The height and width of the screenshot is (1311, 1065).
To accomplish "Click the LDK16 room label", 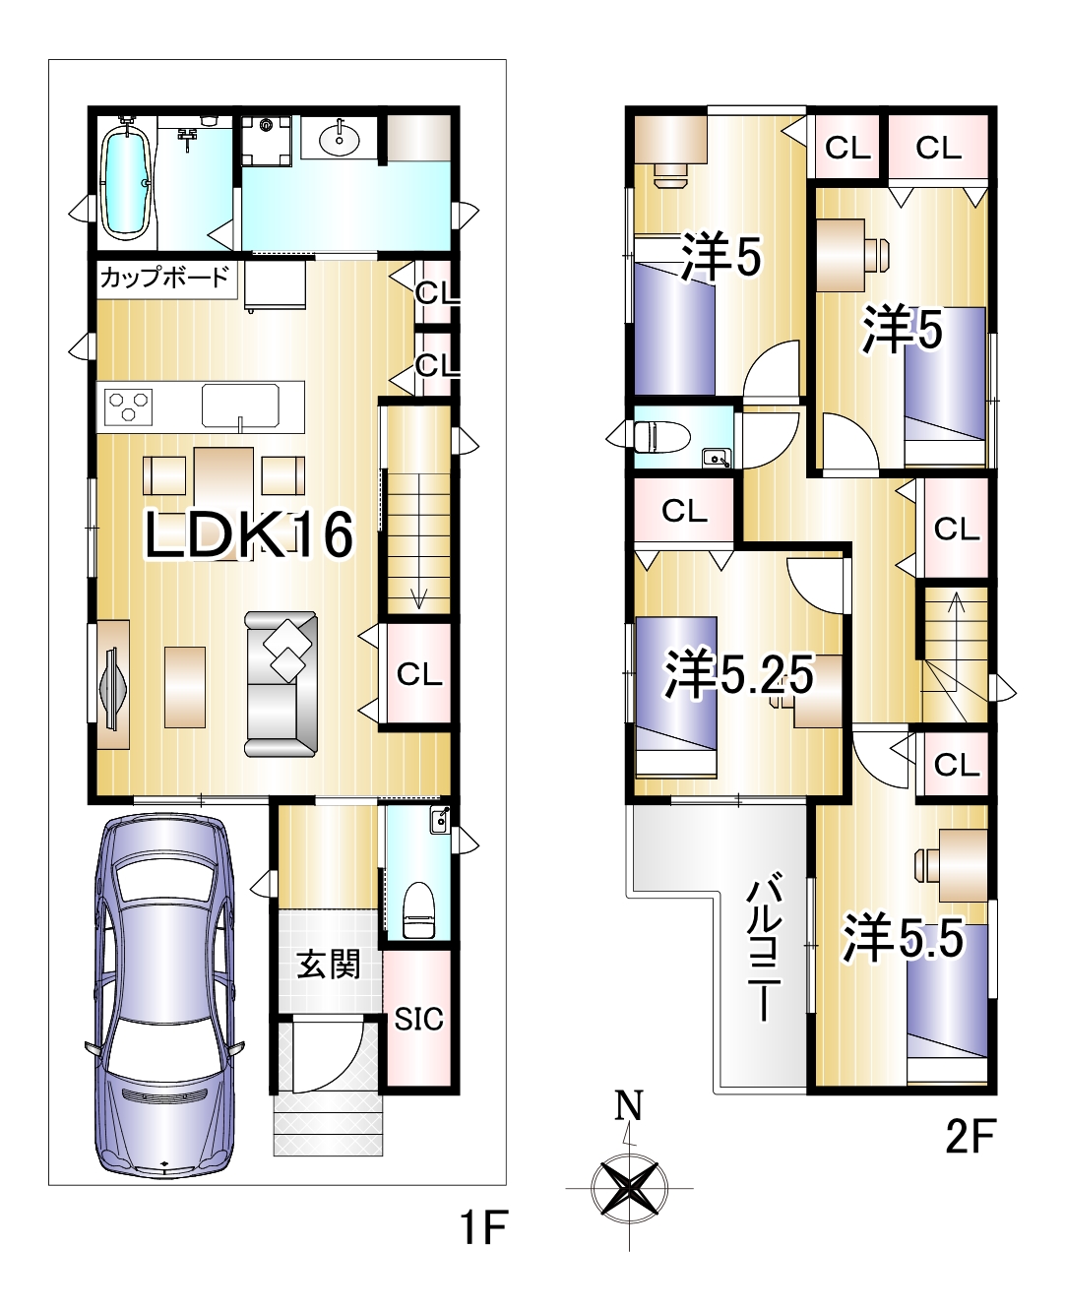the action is [249, 534].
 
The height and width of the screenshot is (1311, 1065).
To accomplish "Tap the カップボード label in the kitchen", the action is [164, 277].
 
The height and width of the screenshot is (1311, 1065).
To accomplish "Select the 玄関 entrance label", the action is [328, 964].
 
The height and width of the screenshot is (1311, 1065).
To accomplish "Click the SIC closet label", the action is [418, 1020].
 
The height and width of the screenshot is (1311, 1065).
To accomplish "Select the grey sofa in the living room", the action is [282, 684].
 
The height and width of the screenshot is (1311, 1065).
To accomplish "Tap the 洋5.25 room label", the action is [738, 676].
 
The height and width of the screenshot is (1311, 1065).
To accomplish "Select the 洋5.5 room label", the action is [904, 937].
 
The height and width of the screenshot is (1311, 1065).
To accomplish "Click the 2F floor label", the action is [971, 1136].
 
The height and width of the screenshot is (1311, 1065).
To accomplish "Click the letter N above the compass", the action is [629, 1103].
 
